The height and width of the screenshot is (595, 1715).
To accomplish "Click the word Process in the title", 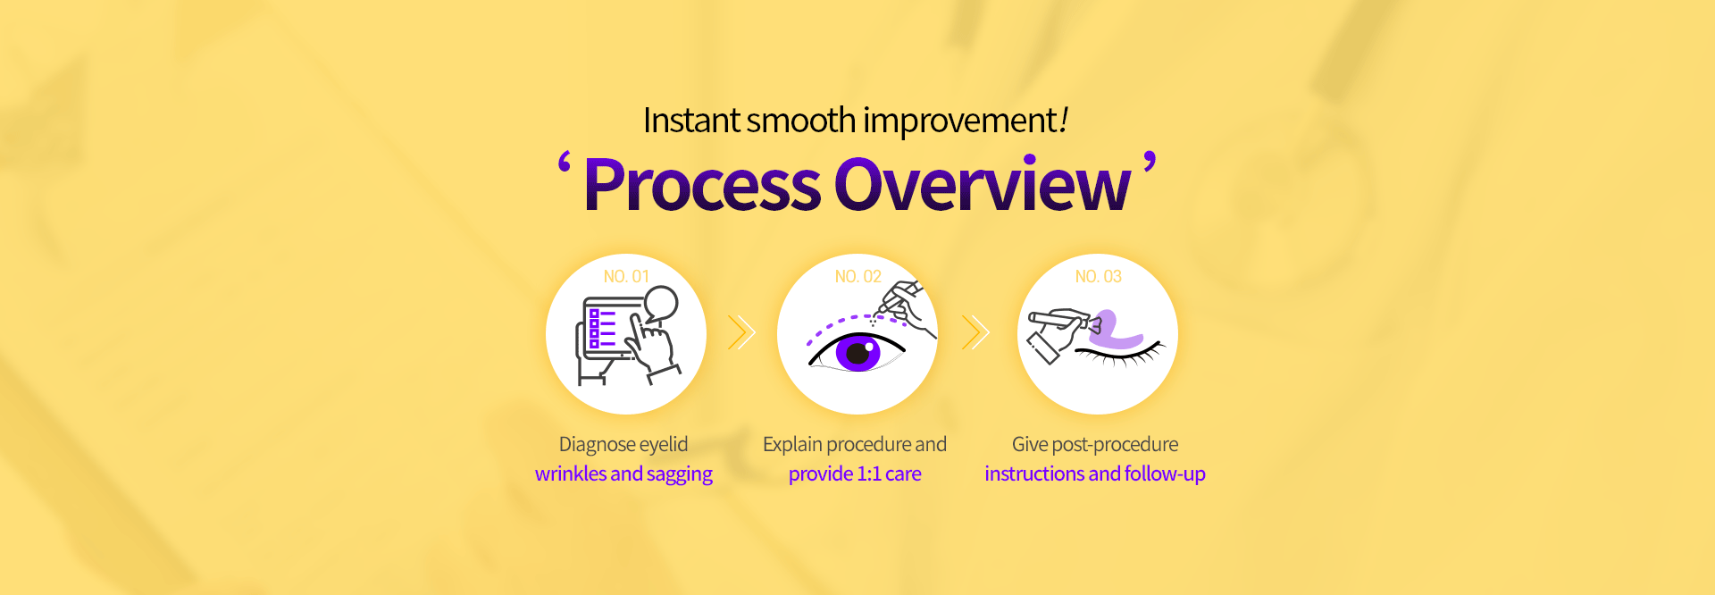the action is (702, 185).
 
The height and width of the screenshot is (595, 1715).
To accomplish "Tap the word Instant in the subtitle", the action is (691, 121).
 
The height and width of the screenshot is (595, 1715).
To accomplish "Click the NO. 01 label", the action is (626, 277).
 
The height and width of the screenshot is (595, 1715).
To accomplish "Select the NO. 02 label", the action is (857, 277).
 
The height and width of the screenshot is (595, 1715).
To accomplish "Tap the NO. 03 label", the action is (1098, 277).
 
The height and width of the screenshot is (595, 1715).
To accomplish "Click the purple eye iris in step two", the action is (858, 353).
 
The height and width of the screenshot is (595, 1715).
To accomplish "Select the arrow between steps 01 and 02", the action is (741, 332).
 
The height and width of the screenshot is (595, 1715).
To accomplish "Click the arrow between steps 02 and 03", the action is (975, 332).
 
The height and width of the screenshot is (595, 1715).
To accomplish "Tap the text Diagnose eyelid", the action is (623, 445).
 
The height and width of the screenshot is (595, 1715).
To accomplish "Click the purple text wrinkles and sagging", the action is (623, 474).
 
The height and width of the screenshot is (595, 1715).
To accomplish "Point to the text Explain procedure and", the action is (855, 445).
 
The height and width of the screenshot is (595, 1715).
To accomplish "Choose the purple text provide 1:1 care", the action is (855, 474).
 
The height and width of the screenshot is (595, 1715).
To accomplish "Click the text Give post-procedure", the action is (1095, 445).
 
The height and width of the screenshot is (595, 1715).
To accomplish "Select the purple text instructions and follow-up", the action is (1095, 474).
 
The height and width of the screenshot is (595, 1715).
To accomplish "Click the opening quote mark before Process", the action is (565, 163).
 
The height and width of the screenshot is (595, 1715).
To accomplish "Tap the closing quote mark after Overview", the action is (1150, 163).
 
